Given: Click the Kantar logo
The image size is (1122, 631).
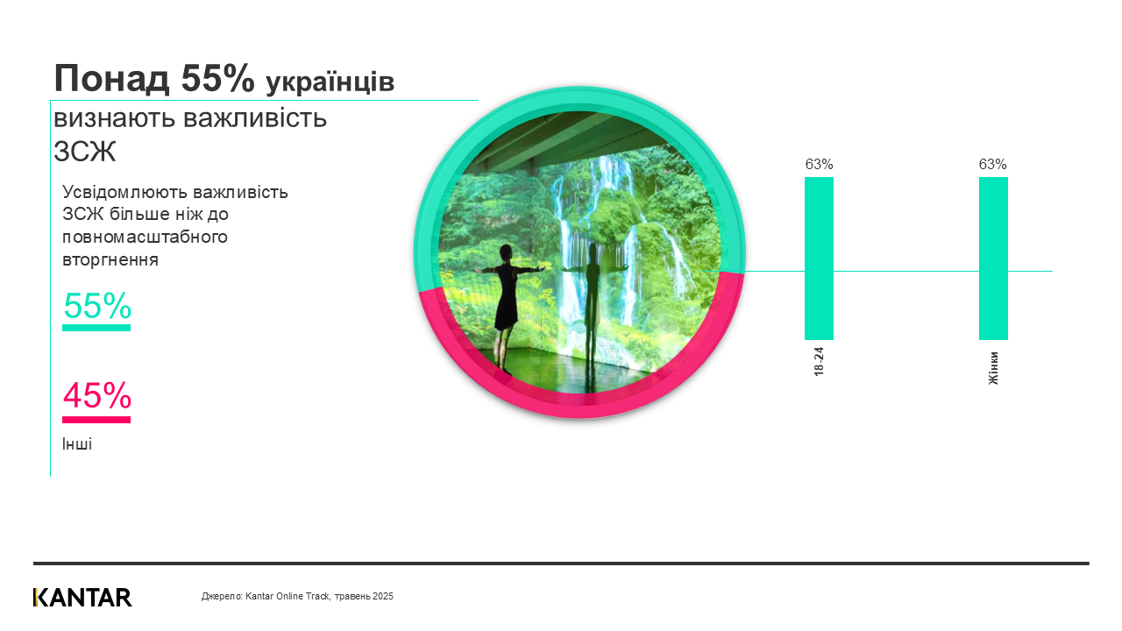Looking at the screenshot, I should pos(82,597).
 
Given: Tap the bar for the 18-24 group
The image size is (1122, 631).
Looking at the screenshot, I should pos(819,259).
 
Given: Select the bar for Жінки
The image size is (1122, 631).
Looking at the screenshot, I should pos(993,259).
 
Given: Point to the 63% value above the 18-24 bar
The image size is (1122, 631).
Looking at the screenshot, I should pos(819,164).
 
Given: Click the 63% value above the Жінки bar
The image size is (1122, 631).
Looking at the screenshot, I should pos(993,164).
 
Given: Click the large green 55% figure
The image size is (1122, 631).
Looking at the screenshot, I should pos(97,305).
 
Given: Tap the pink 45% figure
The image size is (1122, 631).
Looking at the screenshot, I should pos(97,396).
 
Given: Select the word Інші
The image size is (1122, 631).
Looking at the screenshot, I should pos(77,444).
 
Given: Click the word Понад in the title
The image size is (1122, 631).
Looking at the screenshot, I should pos(110,79).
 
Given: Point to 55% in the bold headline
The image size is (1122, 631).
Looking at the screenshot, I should pos(217,79).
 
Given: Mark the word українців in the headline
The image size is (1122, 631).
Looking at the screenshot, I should pos(330,82).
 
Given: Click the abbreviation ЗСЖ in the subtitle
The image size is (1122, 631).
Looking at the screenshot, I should pos(85,152).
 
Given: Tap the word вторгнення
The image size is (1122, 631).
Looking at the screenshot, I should pos(110,259).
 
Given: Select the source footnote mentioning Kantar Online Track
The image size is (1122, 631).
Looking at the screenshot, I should pos(297,596).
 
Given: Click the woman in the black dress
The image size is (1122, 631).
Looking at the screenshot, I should pos(506,302).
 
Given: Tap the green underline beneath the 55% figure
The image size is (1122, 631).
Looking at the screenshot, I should pos(96,328).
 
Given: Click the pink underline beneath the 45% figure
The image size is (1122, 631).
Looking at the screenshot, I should pos(96,420).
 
